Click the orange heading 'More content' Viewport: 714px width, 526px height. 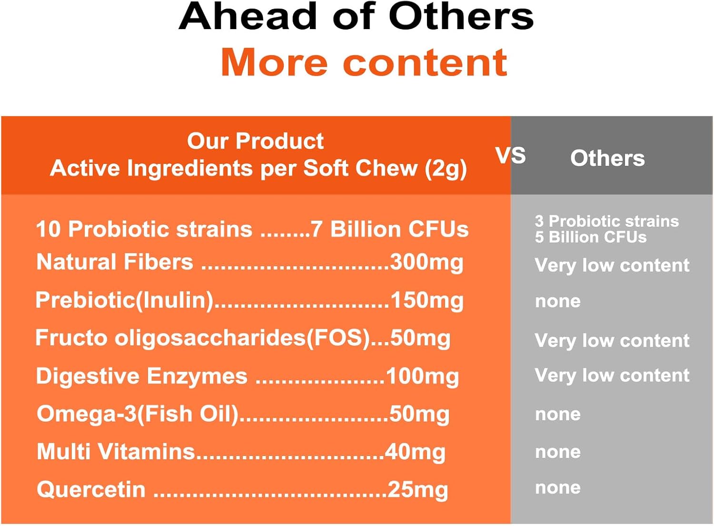click(x=364, y=62)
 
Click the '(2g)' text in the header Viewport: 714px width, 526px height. click(x=446, y=169)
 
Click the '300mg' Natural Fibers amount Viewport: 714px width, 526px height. click(x=426, y=263)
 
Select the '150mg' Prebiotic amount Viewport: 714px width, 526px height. click(x=427, y=301)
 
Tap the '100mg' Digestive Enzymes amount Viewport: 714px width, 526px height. click(x=423, y=376)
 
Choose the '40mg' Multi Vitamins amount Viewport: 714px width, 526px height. click(x=415, y=452)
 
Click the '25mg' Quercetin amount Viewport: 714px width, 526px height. click(x=418, y=490)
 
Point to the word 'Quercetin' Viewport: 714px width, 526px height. click(x=91, y=490)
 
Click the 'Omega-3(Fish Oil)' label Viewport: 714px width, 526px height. click(x=138, y=414)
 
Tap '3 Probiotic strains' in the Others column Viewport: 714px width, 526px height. click(x=607, y=221)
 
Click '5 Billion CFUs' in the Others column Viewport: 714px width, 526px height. click(x=591, y=237)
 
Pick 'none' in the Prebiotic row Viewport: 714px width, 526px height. click(x=558, y=302)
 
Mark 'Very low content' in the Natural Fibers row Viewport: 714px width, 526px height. click(x=612, y=265)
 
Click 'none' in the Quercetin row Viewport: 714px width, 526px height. click(x=558, y=488)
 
